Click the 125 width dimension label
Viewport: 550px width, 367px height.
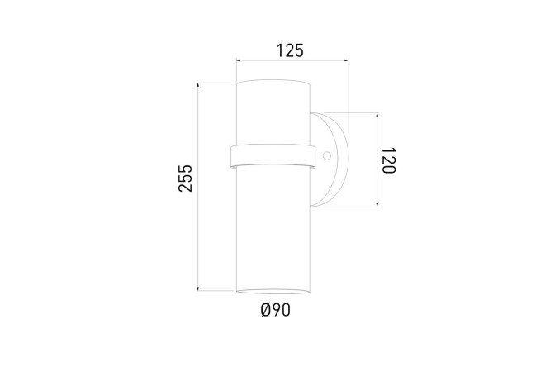click(x=290, y=50)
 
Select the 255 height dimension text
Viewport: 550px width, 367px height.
click(x=186, y=178)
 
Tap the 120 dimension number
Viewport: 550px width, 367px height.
click(x=389, y=160)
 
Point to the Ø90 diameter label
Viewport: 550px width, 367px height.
click(x=276, y=310)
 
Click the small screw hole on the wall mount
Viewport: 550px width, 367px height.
click(x=327, y=155)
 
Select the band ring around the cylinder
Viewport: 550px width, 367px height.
click(x=273, y=156)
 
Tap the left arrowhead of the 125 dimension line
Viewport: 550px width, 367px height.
click(x=239, y=60)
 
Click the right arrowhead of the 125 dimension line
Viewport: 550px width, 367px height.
click(x=346, y=60)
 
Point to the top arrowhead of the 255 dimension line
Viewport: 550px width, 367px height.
click(x=198, y=85)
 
